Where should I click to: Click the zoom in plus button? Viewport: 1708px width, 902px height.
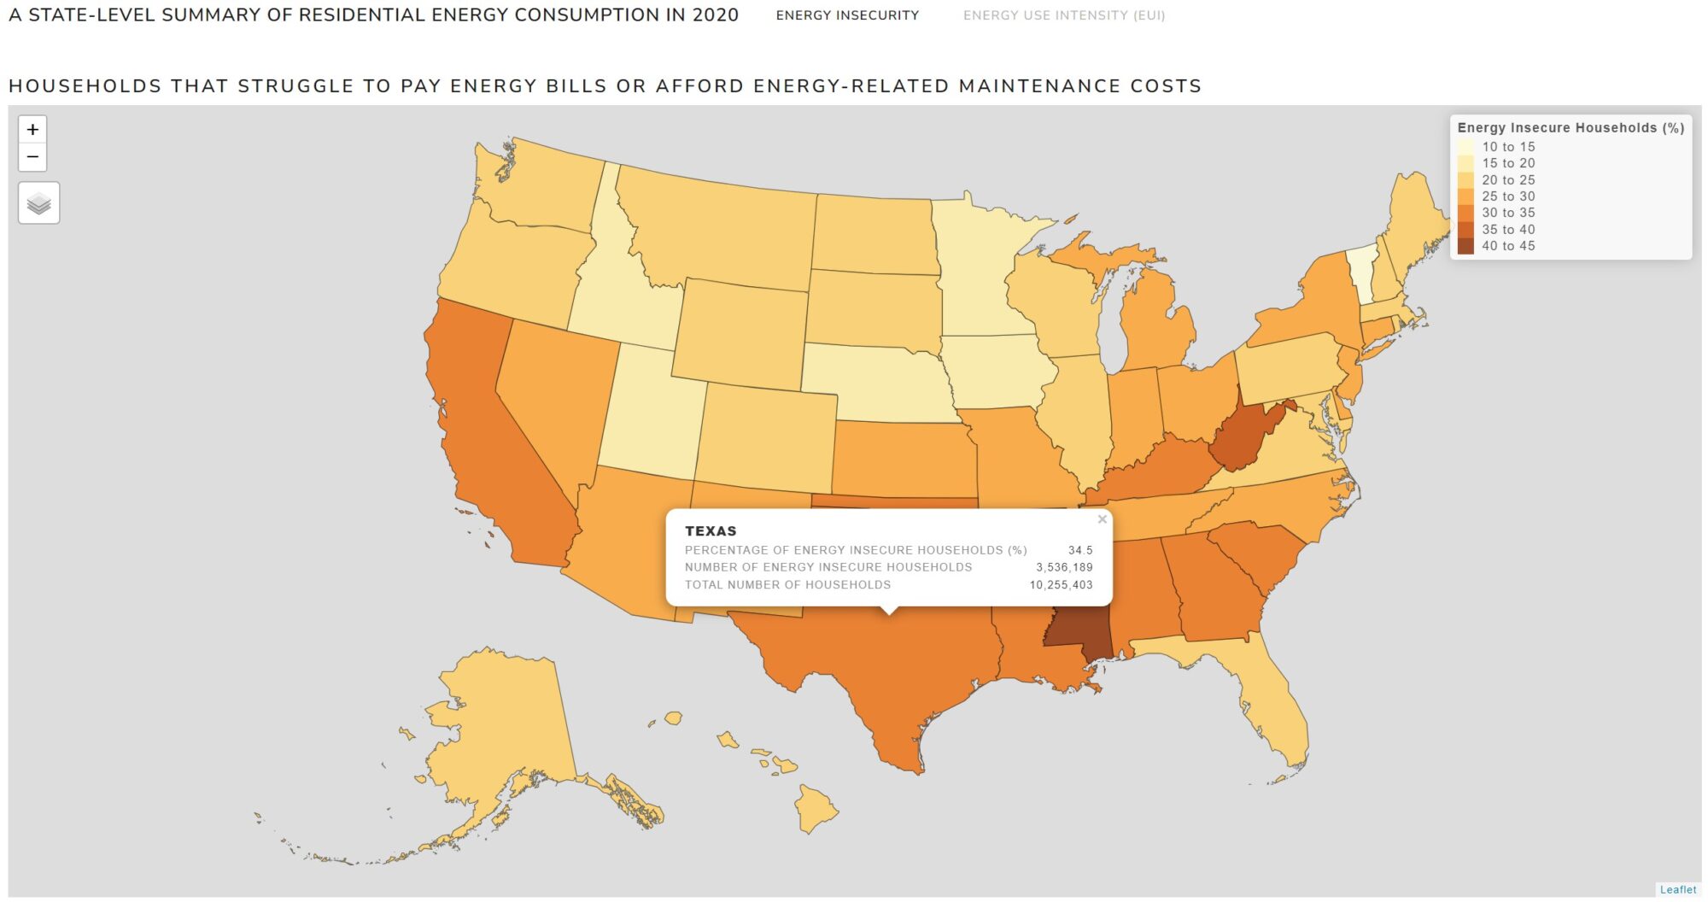point(32,130)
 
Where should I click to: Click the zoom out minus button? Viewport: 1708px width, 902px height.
point(32,157)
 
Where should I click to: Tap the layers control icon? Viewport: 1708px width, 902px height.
point(39,203)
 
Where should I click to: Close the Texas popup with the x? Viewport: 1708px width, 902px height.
point(1102,519)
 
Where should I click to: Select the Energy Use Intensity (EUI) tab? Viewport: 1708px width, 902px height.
point(1063,15)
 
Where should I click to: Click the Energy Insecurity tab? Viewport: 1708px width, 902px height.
point(847,15)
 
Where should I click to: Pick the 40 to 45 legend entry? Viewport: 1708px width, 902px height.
point(1507,246)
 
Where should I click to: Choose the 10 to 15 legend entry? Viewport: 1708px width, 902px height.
point(1507,147)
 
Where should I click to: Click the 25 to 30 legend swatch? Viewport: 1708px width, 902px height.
point(1465,196)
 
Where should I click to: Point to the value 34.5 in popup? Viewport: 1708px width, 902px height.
point(1079,550)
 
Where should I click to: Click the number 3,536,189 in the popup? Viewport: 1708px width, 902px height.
point(1064,567)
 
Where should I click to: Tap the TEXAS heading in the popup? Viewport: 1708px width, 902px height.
point(711,530)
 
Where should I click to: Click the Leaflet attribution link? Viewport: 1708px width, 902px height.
point(1677,889)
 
